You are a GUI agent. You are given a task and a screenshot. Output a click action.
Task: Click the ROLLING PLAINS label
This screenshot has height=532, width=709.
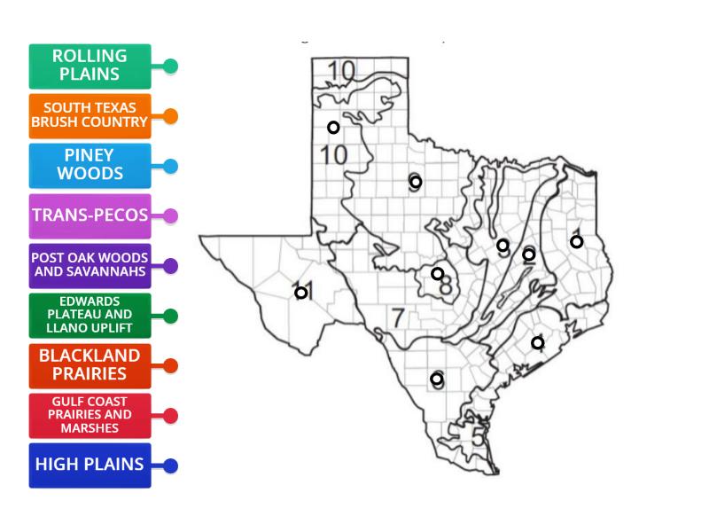[90, 66]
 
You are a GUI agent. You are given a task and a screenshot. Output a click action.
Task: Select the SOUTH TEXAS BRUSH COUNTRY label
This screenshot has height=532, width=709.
[90, 116]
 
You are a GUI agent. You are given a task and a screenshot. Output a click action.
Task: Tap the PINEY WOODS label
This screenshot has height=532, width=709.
[90, 166]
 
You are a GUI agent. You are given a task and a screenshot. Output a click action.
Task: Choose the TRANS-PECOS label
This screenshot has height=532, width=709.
[90, 215]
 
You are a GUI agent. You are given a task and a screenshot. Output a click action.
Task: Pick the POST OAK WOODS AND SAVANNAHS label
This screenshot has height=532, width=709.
[90, 265]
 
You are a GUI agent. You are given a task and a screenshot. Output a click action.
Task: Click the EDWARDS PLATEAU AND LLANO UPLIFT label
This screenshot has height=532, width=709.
[90, 316]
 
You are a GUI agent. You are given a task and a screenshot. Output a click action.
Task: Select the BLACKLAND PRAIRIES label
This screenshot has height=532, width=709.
[90, 365]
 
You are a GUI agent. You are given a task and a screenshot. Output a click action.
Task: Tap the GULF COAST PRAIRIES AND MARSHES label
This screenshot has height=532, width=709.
[90, 415]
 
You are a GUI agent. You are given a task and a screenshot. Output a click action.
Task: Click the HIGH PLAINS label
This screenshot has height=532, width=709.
[90, 465]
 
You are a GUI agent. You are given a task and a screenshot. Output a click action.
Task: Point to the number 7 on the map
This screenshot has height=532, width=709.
[398, 317]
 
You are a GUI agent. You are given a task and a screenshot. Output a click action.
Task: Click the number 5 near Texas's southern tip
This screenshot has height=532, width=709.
[478, 436]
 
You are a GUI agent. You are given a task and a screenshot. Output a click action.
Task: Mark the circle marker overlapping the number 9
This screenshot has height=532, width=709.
[415, 182]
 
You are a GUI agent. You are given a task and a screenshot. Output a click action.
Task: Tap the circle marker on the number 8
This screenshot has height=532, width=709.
[438, 273]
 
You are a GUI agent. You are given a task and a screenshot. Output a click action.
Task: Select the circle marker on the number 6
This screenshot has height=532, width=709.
[437, 379]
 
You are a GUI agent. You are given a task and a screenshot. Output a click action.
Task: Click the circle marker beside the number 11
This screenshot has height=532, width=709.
[301, 293]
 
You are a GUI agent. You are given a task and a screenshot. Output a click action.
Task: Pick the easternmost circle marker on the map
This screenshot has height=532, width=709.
[576, 241]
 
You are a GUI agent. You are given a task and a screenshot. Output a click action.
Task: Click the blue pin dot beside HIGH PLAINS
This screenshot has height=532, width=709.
[171, 465]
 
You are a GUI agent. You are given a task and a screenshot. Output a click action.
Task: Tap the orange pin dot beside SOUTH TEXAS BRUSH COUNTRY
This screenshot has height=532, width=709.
[171, 116]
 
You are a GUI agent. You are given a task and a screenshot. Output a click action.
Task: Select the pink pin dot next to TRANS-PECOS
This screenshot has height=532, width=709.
[171, 215]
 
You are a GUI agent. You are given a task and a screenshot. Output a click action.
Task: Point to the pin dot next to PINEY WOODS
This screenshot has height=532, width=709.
[171, 166]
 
